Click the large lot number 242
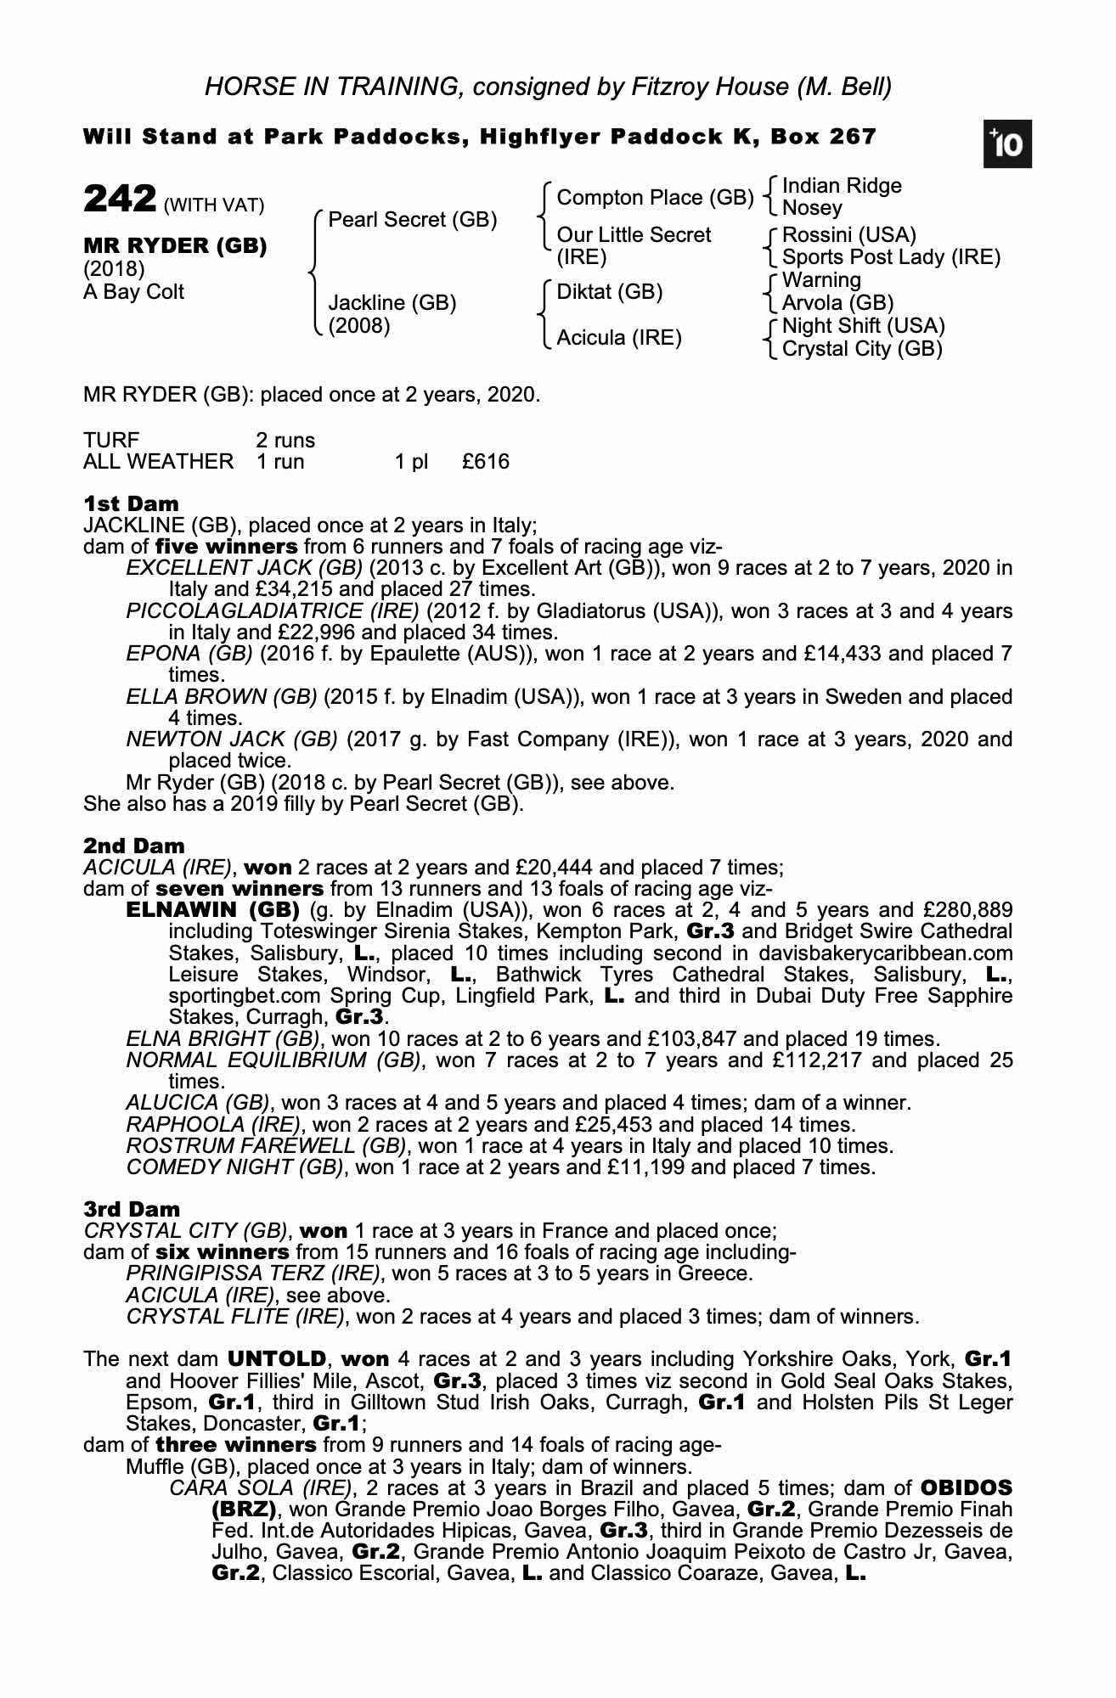click(x=118, y=200)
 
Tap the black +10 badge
click(x=1008, y=145)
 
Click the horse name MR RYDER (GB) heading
click(x=175, y=246)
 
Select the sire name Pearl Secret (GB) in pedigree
click(x=412, y=220)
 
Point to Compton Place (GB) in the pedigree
click(x=654, y=198)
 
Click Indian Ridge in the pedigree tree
click(x=841, y=186)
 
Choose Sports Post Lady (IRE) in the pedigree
click(x=890, y=256)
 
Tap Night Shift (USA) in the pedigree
click(x=863, y=326)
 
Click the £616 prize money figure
click(x=486, y=462)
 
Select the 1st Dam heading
click(x=131, y=504)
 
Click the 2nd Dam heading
click(x=133, y=846)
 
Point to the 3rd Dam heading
click(x=132, y=1209)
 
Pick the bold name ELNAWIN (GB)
click(x=213, y=910)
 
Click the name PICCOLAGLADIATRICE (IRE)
click(x=273, y=611)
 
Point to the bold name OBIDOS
click(x=966, y=1487)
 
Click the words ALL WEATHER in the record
click(x=158, y=462)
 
